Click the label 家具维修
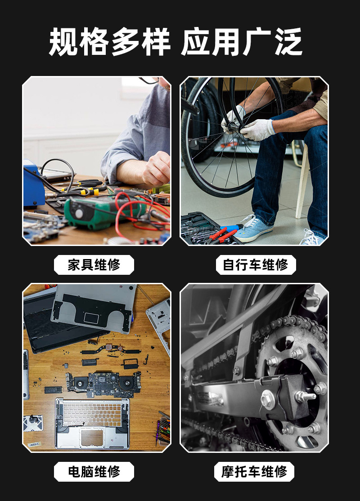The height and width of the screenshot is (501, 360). (94, 265)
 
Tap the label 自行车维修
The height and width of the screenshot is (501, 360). (256, 265)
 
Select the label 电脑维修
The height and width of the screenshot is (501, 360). (94, 472)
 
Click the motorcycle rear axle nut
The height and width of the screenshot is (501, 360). (269, 398)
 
